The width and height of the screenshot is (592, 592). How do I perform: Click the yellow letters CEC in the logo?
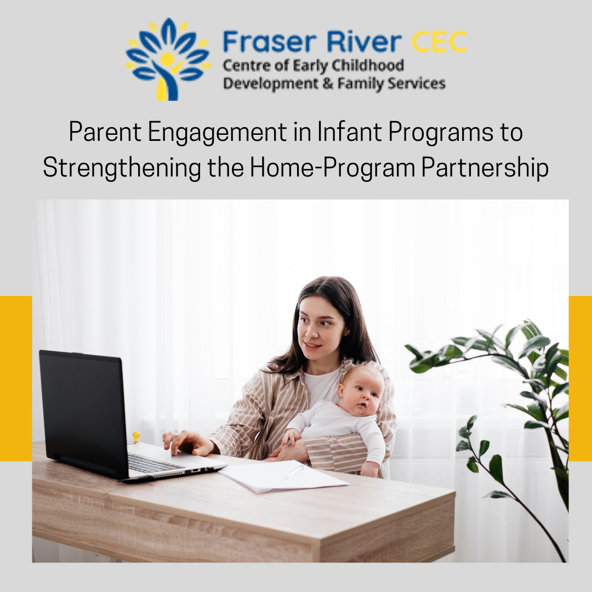pos(439,42)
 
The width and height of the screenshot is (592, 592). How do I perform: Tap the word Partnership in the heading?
pos(485,168)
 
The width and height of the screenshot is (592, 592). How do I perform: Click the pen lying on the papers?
pos(294,471)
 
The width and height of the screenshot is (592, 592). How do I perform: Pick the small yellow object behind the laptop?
pos(136,437)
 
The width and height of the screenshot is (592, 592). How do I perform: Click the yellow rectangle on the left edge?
pos(16,378)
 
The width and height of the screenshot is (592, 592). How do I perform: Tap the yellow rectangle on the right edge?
pos(580,378)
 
